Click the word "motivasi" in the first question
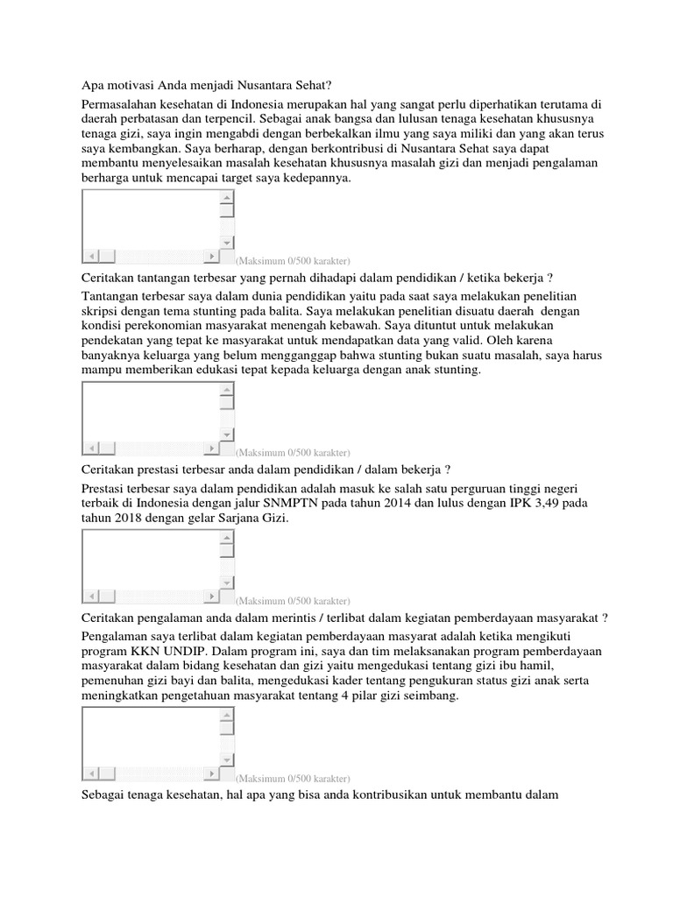coord(128,86)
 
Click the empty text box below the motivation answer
coord(150,219)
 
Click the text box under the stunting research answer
coord(150,411)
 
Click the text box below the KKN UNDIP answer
coord(150,737)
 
